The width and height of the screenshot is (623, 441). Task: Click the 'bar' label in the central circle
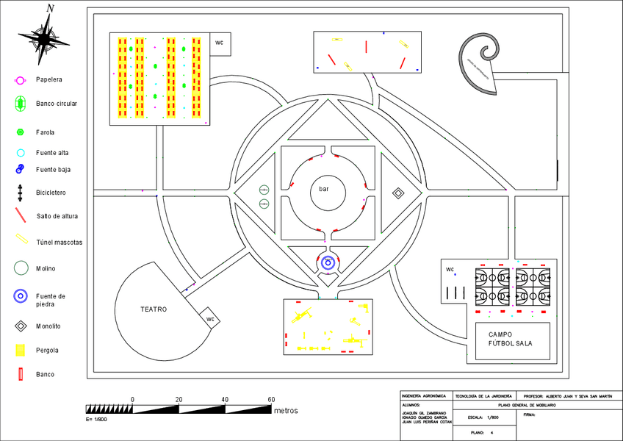[324, 189]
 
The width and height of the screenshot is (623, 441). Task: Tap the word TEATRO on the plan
[154, 309]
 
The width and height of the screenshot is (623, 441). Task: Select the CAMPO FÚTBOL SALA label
[510, 339]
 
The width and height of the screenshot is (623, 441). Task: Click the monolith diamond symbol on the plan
[398, 193]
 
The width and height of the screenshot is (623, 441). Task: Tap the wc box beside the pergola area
[219, 43]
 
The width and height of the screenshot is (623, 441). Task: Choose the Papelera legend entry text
[49, 79]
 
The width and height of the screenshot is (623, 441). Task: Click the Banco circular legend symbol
[21, 104]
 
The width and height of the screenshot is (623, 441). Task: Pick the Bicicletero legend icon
[21, 193]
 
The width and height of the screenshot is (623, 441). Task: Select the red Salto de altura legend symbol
[21, 216]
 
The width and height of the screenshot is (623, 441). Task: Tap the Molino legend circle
[21, 269]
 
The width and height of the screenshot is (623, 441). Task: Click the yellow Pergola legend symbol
[21, 350]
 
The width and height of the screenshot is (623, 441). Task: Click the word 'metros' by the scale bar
[286, 410]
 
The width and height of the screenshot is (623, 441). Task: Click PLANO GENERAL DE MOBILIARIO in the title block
[527, 405]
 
